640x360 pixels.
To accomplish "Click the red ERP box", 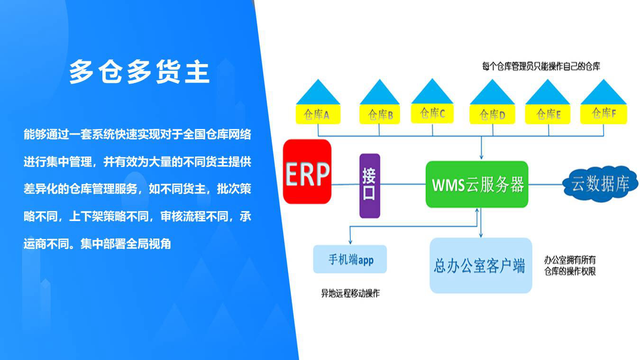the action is click(x=307, y=172).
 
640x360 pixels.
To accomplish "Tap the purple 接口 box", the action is click(x=370, y=186).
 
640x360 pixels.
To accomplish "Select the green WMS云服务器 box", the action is click(x=477, y=185).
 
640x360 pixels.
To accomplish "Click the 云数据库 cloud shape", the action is click(x=600, y=184).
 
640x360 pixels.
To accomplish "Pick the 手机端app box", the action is click(x=350, y=259).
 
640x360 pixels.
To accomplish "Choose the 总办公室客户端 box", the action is click(x=481, y=266).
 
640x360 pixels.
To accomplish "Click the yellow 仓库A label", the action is click(x=318, y=114).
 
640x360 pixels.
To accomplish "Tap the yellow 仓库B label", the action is click(x=379, y=114).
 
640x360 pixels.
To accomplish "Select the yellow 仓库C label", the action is click(x=432, y=113).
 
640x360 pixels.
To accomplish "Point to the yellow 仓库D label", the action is click(x=492, y=114).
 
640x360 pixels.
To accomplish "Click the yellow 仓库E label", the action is click(x=548, y=114).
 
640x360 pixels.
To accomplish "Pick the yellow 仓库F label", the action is click(x=603, y=114).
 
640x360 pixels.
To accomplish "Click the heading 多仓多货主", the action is click(x=139, y=72).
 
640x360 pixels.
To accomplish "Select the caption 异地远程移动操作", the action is click(x=350, y=293).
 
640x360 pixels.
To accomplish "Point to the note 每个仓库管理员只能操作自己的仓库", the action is click(x=541, y=66).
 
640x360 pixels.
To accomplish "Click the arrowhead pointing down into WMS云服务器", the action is click(x=482, y=157).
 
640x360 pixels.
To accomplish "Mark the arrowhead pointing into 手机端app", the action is click(x=350, y=242).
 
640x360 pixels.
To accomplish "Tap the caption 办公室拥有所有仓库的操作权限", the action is click(x=570, y=265).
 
